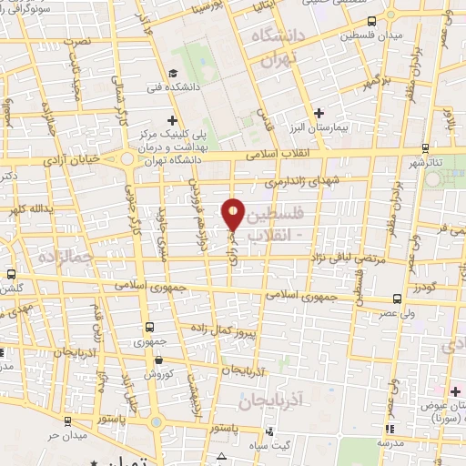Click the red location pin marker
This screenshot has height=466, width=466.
(234, 215)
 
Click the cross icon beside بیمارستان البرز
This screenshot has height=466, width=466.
(319, 114)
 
